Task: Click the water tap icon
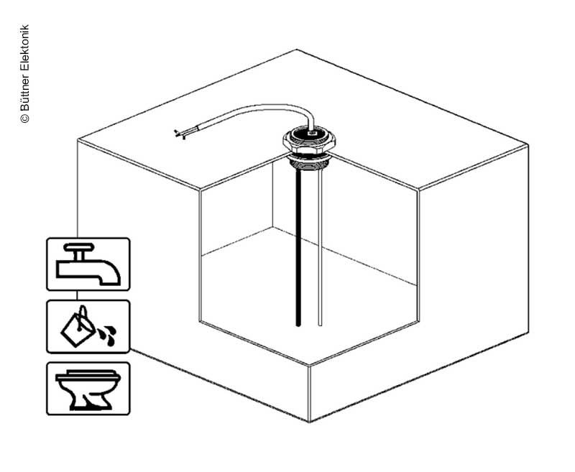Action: click(88, 264)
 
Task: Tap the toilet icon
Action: click(88, 389)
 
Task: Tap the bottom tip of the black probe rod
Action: click(297, 325)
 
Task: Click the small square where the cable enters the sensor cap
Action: click(311, 133)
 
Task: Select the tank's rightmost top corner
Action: click(529, 144)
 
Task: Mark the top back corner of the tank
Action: click(298, 50)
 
